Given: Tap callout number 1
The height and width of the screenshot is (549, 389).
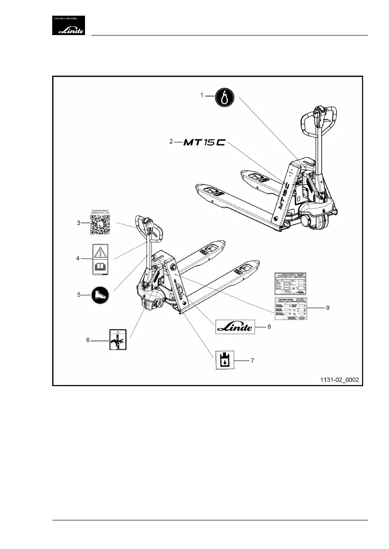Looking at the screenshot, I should pyautogui.click(x=202, y=95).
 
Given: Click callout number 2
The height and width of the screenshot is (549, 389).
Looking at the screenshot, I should pyautogui.click(x=171, y=142).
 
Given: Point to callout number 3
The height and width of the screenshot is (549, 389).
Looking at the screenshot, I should pyautogui.click(x=79, y=223).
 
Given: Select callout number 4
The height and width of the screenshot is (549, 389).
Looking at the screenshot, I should pyautogui.click(x=79, y=258).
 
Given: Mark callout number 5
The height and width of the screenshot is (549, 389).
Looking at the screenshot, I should pyautogui.click(x=79, y=294).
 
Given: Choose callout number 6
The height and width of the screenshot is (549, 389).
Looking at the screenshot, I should pyautogui.click(x=88, y=340).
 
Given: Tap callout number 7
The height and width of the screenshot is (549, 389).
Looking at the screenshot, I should pyautogui.click(x=252, y=360).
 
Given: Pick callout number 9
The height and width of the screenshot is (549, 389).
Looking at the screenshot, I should pyautogui.click(x=327, y=307).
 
